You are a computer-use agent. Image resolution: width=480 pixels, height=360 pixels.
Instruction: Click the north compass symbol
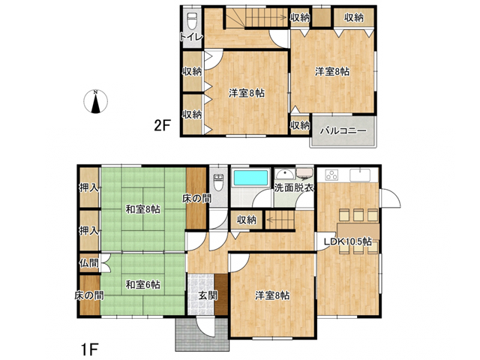[95, 102]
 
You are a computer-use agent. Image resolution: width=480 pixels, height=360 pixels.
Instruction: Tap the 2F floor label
[162, 125]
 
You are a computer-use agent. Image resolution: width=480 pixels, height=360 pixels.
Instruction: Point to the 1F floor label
[89, 349]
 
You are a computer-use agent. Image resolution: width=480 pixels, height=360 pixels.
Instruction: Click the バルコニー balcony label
[343, 131]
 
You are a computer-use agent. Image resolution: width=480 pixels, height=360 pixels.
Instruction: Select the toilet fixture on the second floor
[192, 20]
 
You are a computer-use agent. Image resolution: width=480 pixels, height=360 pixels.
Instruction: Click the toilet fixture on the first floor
[218, 182]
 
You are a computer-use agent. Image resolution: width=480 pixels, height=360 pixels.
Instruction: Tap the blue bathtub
[250, 178]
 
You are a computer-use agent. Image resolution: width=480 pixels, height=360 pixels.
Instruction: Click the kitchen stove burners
[331, 175]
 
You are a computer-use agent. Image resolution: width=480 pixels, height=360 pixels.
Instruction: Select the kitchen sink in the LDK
[360, 175]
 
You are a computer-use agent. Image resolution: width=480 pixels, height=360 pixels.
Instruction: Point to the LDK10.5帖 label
[348, 241]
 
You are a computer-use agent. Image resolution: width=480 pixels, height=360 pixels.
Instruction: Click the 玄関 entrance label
[208, 295]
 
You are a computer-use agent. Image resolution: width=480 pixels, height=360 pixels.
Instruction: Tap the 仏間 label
[89, 262]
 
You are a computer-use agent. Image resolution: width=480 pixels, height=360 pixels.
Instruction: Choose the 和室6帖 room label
[143, 285]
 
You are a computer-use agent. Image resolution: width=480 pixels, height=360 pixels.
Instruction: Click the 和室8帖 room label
[143, 210]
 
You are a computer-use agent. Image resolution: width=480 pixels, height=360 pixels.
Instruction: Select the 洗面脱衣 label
[294, 187]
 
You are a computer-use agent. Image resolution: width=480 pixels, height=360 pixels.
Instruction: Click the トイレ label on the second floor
[191, 37]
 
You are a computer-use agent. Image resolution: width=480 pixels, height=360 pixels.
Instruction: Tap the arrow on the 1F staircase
[280, 220]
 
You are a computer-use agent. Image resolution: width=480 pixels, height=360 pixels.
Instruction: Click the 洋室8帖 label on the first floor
[272, 295]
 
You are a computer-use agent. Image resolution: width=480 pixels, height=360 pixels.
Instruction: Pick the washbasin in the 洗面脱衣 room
[285, 173]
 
